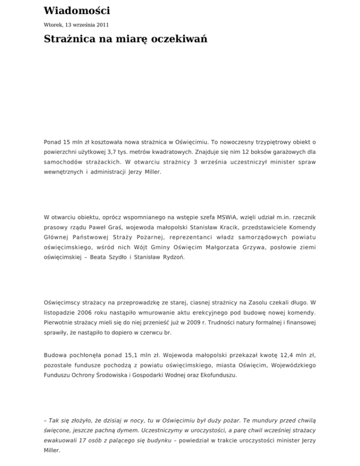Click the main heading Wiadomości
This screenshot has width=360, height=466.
click(x=77, y=10)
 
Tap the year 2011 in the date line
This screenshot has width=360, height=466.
click(x=100, y=24)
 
